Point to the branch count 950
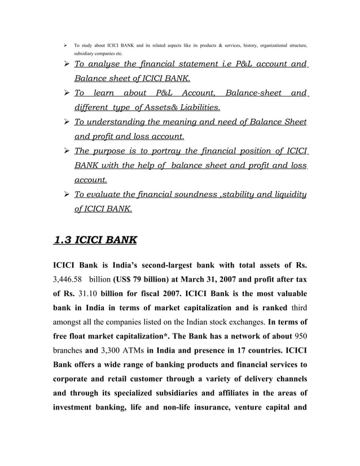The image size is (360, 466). click(x=300, y=352)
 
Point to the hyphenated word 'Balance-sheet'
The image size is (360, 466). click(x=253, y=93)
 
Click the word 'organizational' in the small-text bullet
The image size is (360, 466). click(x=257, y=43)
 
